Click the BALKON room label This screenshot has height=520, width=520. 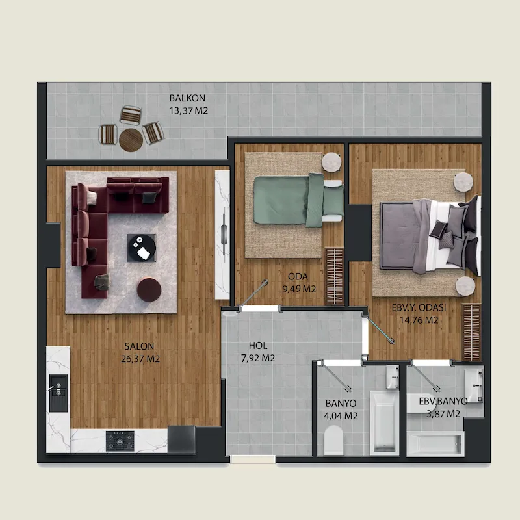click(x=187, y=98)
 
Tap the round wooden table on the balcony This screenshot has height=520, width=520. click(x=131, y=140)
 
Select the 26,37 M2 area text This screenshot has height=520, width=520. click(x=140, y=359)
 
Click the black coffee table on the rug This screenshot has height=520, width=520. click(x=142, y=248)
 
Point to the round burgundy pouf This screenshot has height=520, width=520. click(x=149, y=289)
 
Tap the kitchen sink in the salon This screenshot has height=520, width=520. click(x=58, y=393)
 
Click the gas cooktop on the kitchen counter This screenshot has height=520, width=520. click(x=120, y=441)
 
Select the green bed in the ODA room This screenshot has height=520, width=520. click(x=299, y=200)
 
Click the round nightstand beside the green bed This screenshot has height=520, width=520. click(x=332, y=162)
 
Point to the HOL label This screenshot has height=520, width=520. click(x=258, y=346)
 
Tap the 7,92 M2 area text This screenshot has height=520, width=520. click(x=258, y=358)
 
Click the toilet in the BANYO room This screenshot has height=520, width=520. click(x=333, y=441)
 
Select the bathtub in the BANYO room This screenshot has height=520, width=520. click(x=385, y=422)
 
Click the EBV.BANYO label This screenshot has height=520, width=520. click(x=443, y=401)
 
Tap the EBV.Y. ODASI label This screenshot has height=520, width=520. click(x=419, y=307)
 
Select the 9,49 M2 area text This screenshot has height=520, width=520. click(x=299, y=289)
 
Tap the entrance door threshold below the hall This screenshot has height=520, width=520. click(x=253, y=460)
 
